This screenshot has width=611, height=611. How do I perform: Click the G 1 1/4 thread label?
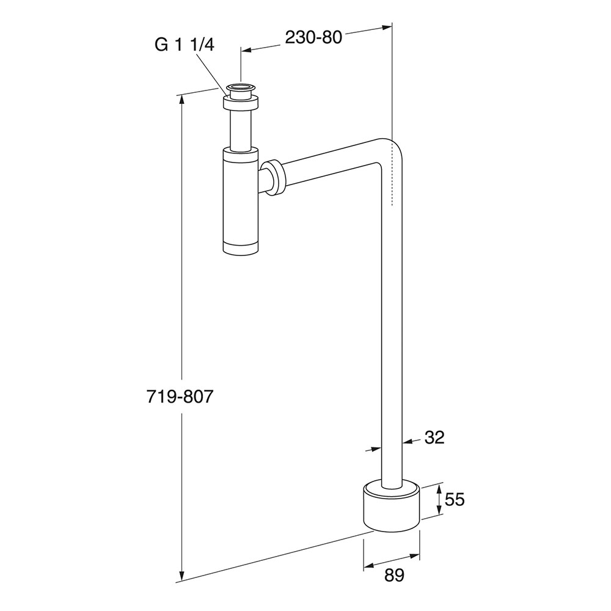(x=184, y=45)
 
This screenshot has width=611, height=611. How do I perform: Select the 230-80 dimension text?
(x=313, y=37)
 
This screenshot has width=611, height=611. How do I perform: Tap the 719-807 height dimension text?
(x=180, y=397)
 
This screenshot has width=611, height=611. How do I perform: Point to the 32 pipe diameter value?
(x=434, y=437)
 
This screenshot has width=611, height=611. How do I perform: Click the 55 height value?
(x=455, y=499)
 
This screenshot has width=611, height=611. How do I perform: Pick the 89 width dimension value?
(x=394, y=575)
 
